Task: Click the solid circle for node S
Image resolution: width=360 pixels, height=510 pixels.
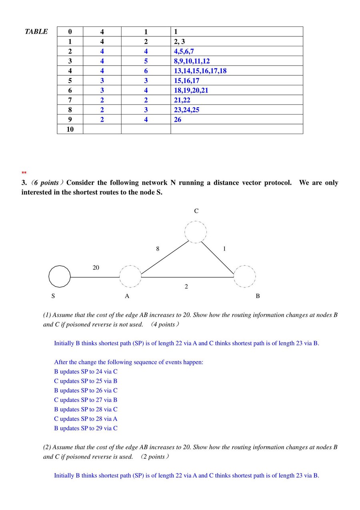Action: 60,276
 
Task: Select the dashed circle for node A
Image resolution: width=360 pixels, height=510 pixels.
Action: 130,276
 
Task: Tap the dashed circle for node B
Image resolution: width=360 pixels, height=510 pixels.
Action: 244,276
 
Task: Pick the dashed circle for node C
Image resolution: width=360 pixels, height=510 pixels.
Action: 196,232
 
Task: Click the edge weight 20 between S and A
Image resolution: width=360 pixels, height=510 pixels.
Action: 96,267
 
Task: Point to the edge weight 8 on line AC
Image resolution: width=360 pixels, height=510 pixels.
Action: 158,249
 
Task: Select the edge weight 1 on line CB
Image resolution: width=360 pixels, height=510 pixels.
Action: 224,249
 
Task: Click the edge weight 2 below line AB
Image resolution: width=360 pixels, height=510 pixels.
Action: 186,286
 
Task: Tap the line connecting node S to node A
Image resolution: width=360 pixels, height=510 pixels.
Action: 95,277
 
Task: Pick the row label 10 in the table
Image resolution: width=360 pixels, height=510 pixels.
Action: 70,129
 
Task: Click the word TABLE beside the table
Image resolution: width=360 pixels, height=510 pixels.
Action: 36,32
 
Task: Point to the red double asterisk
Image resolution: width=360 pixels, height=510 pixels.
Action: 24,173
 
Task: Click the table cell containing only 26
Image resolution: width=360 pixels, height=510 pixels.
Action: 178,119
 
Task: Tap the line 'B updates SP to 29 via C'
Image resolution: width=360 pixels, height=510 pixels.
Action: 86,428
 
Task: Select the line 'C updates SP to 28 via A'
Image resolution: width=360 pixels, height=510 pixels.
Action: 86,419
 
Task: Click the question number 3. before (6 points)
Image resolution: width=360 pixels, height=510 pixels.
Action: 24,183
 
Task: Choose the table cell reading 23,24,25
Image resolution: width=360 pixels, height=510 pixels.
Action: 186,110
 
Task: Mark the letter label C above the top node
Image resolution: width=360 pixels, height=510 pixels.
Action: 196,211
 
